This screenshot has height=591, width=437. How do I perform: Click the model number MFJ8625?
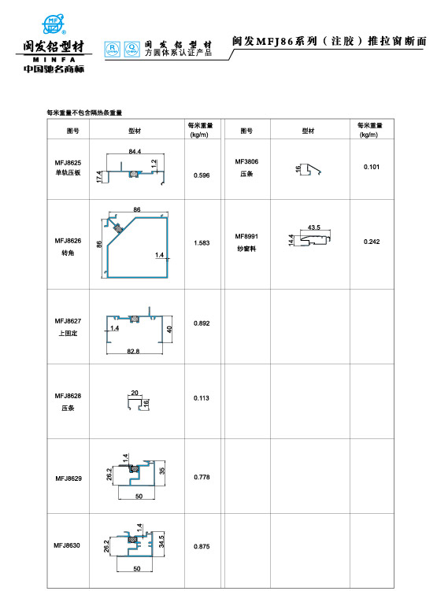point(68,162)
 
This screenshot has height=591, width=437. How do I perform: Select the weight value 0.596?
point(201,175)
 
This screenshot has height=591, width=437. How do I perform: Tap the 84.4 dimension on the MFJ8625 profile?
point(135,150)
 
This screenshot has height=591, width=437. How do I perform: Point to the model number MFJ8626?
point(68,239)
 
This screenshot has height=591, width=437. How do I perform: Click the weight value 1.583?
point(201,244)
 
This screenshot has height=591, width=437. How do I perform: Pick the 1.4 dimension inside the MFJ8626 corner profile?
point(159,255)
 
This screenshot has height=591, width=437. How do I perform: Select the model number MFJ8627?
point(68,321)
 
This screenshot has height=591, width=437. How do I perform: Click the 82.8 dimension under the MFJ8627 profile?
point(133,351)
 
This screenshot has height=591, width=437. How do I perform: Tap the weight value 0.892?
point(201,324)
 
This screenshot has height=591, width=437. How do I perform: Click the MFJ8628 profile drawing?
point(136,402)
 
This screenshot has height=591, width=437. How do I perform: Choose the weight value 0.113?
point(201,398)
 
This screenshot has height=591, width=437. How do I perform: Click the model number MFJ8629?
point(68,478)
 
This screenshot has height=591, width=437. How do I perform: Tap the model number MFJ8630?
point(68,545)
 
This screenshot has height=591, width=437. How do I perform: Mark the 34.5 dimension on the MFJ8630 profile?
point(161,541)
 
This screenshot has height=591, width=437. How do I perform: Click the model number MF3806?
point(246,162)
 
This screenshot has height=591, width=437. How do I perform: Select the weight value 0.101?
point(372,167)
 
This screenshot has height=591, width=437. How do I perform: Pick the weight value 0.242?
point(372,242)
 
